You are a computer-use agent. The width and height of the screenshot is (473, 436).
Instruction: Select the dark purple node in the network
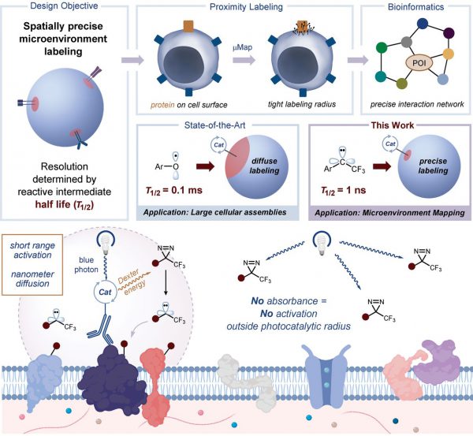point(449,33)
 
